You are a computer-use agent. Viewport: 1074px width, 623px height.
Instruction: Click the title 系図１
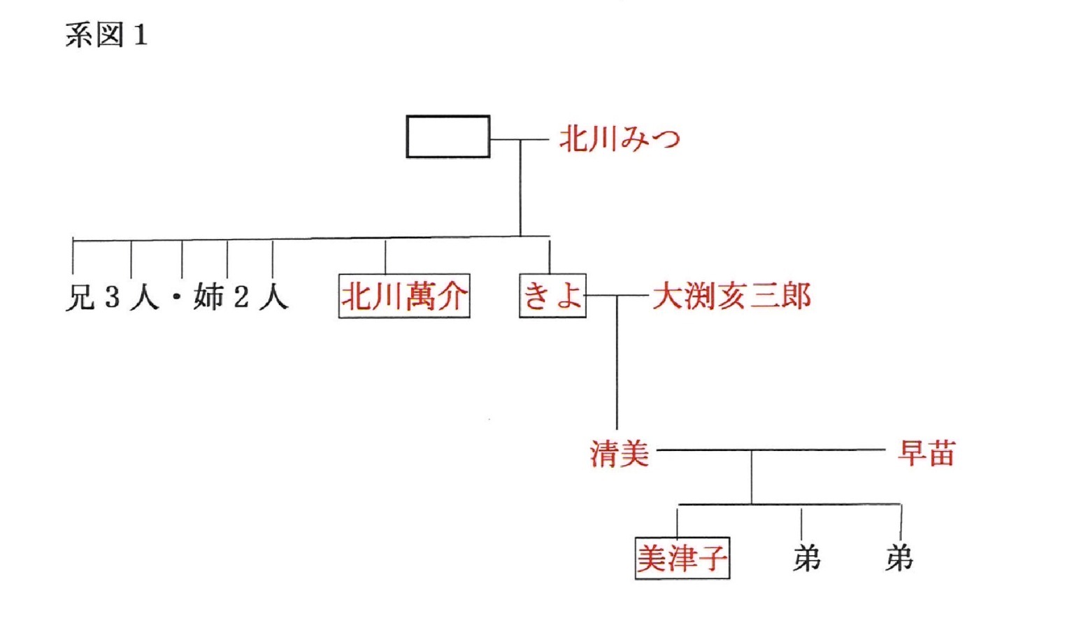click(x=106, y=35)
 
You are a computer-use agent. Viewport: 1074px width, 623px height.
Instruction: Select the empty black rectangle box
click(x=447, y=136)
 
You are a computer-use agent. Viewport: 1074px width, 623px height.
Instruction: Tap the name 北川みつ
click(x=620, y=139)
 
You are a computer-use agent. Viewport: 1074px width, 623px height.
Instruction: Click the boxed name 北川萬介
click(x=403, y=296)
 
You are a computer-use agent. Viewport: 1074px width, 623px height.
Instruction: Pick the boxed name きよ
click(x=552, y=296)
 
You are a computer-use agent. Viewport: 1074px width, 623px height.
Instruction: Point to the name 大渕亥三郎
click(x=731, y=296)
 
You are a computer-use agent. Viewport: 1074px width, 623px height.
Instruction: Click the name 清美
click(x=620, y=453)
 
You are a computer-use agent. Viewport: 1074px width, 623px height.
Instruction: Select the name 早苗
click(x=926, y=453)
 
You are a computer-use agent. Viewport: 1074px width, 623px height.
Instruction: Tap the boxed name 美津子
click(x=682, y=558)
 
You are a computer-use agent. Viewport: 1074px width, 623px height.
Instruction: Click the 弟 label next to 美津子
click(x=806, y=558)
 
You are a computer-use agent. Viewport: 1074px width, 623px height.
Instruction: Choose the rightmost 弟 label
click(x=899, y=558)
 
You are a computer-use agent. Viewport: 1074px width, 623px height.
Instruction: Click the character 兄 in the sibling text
click(x=80, y=297)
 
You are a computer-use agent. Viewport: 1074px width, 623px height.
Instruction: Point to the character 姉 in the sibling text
click(x=208, y=297)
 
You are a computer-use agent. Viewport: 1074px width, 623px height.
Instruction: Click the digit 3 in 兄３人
click(x=112, y=297)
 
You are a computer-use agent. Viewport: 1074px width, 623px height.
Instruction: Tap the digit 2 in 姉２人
click(x=241, y=297)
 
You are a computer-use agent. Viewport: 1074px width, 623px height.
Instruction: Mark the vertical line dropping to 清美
click(x=617, y=364)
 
